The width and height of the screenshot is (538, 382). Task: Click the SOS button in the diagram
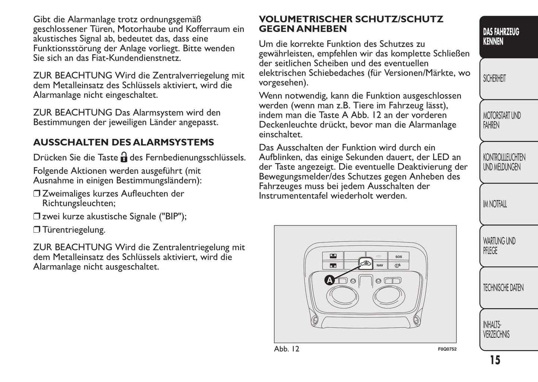(398, 257)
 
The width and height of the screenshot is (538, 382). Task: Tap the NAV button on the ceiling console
(379, 265)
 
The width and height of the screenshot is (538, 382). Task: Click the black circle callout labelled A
(330, 280)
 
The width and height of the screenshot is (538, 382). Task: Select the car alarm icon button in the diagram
(365, 264)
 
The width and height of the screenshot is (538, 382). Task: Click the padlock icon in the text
(124, 158)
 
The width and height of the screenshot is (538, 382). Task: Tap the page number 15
(495, 360)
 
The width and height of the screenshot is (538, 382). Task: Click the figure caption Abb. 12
(286, 349)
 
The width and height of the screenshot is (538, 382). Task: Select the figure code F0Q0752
(447, 349)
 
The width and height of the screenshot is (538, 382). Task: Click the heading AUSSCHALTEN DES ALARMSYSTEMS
(123, 142)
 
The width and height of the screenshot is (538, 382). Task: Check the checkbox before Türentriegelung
(36, 230)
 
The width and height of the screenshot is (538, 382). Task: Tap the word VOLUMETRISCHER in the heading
(305, 19)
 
